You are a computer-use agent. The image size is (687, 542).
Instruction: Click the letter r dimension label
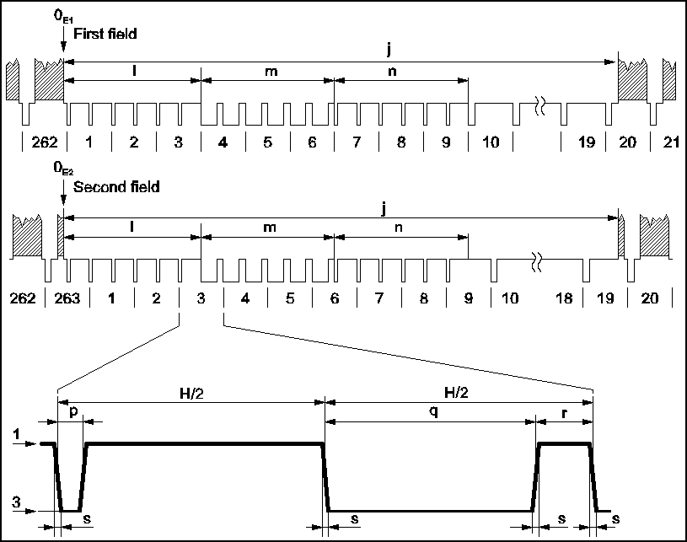[x=566, y=413]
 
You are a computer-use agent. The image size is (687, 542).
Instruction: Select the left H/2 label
[x=190, y=393]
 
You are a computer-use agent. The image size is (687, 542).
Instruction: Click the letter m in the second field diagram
[x=271, y=227]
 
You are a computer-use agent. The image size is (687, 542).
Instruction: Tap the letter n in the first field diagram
[x=393, y=71]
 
